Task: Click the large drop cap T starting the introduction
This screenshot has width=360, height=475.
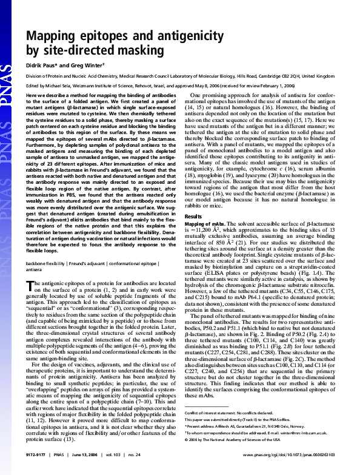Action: point(31,286)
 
